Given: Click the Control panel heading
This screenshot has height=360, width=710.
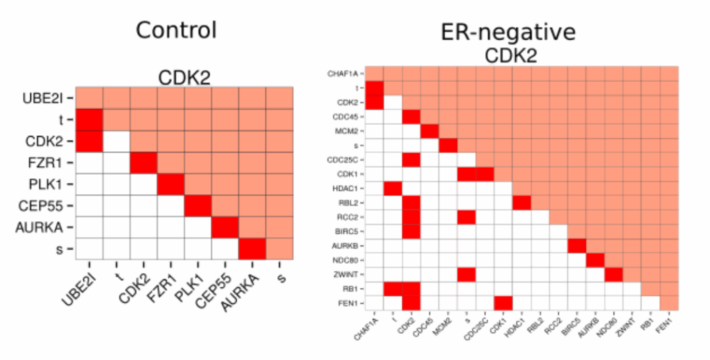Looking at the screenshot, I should coord(176,30).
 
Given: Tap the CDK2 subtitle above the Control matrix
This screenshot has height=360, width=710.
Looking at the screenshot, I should coord(185,77).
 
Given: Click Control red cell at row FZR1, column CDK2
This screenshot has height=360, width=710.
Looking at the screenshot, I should coord(143,162).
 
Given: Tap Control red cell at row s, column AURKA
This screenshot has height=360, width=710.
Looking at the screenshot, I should coord(252,248).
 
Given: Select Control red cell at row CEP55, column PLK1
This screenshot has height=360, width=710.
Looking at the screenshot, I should coord(198,205).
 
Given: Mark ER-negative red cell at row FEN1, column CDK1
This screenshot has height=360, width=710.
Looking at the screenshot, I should coord(503,302).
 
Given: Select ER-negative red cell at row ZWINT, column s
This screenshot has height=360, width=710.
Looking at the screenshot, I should coord(466,274).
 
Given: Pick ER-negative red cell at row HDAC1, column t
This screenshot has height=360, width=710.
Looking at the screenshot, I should coord(392,188).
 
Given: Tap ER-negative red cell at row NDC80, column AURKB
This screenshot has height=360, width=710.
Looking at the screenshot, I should coord(595,259).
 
